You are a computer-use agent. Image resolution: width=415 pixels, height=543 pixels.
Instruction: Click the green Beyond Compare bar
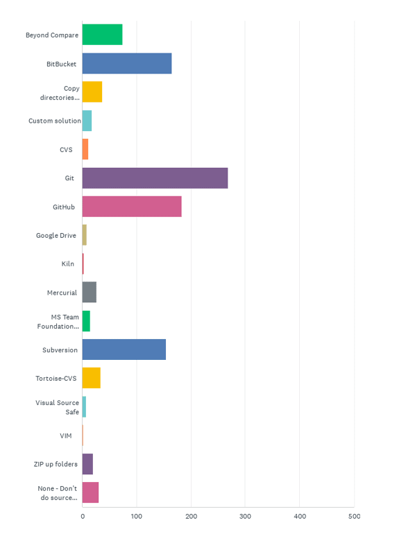pos(102,35)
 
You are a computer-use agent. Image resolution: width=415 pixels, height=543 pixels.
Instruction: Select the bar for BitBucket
pos(127,63)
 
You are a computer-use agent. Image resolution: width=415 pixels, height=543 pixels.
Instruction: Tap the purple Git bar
pos(155,178)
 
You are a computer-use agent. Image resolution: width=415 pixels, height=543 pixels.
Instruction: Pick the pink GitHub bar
pos(132,207)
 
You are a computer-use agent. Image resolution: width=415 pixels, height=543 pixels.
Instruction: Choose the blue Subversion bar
pos(124,350)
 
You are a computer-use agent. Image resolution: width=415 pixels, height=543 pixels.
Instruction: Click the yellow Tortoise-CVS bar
pos(91,378)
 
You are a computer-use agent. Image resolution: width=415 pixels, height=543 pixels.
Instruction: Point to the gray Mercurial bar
pos(90,293)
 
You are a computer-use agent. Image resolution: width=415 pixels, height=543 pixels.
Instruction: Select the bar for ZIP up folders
pos(87,464)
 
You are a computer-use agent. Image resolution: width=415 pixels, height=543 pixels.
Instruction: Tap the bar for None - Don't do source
pos(90,492)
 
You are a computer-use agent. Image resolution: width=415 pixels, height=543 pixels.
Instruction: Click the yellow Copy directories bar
pos(92,92)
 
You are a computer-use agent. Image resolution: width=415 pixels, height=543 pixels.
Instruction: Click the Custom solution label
pos(55,121)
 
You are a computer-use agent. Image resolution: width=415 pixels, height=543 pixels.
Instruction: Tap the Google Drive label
pos(56,236)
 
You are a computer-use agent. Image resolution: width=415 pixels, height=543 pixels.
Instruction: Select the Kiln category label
pos(67,264)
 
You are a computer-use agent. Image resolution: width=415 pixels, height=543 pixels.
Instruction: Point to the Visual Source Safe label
pos(58,407)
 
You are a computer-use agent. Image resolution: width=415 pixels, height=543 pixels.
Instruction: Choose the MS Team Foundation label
pos(60,322)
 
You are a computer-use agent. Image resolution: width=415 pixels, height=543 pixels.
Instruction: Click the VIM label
pos(67,436)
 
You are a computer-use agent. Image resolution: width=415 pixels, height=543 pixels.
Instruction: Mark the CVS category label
pos(66,150)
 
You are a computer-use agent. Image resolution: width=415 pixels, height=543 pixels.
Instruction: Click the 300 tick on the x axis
pos(246,517)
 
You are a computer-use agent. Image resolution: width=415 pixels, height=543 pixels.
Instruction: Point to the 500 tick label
pos(354,517)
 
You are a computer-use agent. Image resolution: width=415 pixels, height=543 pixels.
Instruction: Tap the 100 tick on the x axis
pos(137,517)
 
